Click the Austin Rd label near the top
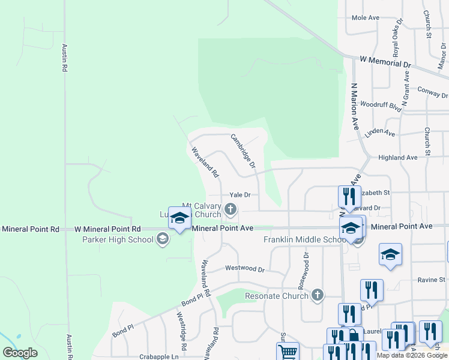64,58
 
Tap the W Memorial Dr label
385,62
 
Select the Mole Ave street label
366,18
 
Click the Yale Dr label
240,195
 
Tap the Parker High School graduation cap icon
161,240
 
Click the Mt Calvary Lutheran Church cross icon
231,209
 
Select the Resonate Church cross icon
318,295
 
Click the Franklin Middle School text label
301,240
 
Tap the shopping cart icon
288,352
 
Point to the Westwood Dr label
244,269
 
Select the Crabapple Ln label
159,356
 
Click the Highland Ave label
397,157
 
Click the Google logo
20,353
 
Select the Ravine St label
432,280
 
